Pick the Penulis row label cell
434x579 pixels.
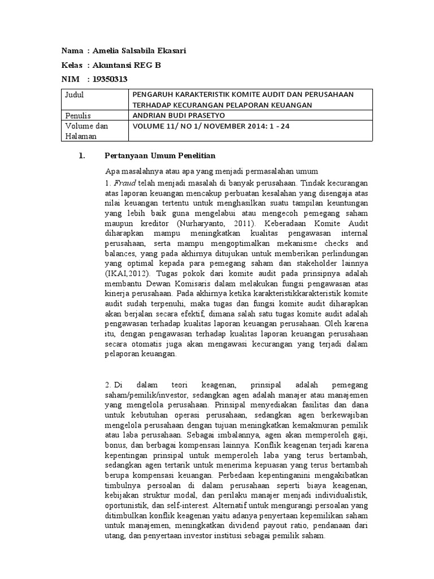point(80,115)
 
